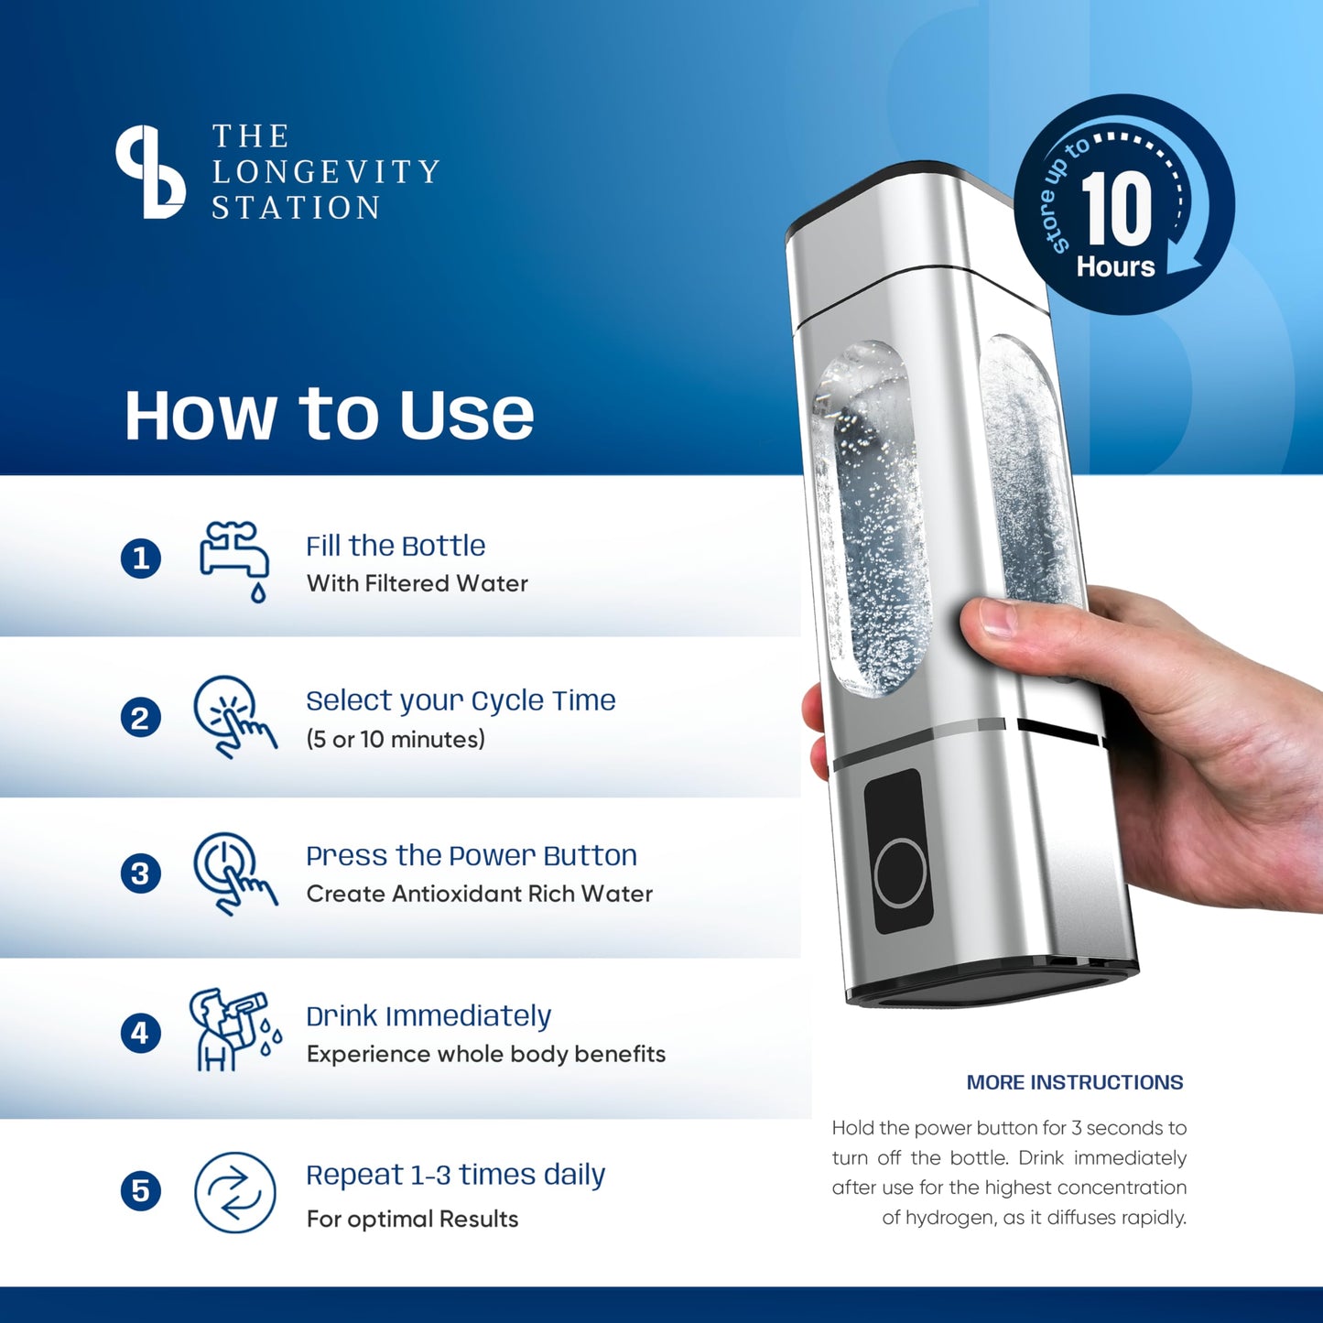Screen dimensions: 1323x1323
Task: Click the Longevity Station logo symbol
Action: (150, 172)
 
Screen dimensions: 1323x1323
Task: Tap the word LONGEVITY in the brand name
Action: (326, 172)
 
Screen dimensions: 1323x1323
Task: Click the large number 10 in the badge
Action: (1116, 209)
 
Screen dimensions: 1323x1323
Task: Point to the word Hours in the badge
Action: (1115, 266)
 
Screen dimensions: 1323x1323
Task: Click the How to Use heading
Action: (329, 415)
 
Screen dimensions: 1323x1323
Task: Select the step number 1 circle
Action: (141, 558)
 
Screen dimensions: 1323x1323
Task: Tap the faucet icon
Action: (234, 559)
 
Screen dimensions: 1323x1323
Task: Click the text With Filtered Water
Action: (417, 583)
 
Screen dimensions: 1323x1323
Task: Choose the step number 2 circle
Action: (141, 718)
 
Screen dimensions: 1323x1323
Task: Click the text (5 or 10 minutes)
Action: (396, 739)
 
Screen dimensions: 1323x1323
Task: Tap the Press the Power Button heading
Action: (472, 855)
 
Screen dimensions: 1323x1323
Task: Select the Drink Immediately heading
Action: (428, 1016)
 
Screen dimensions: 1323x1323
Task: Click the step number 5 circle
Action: (141, 1191)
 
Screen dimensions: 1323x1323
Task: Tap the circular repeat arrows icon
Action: (235, 1192)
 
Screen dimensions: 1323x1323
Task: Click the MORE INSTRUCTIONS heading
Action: (1075, 1082)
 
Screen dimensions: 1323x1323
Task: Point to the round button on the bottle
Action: (900, 873)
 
